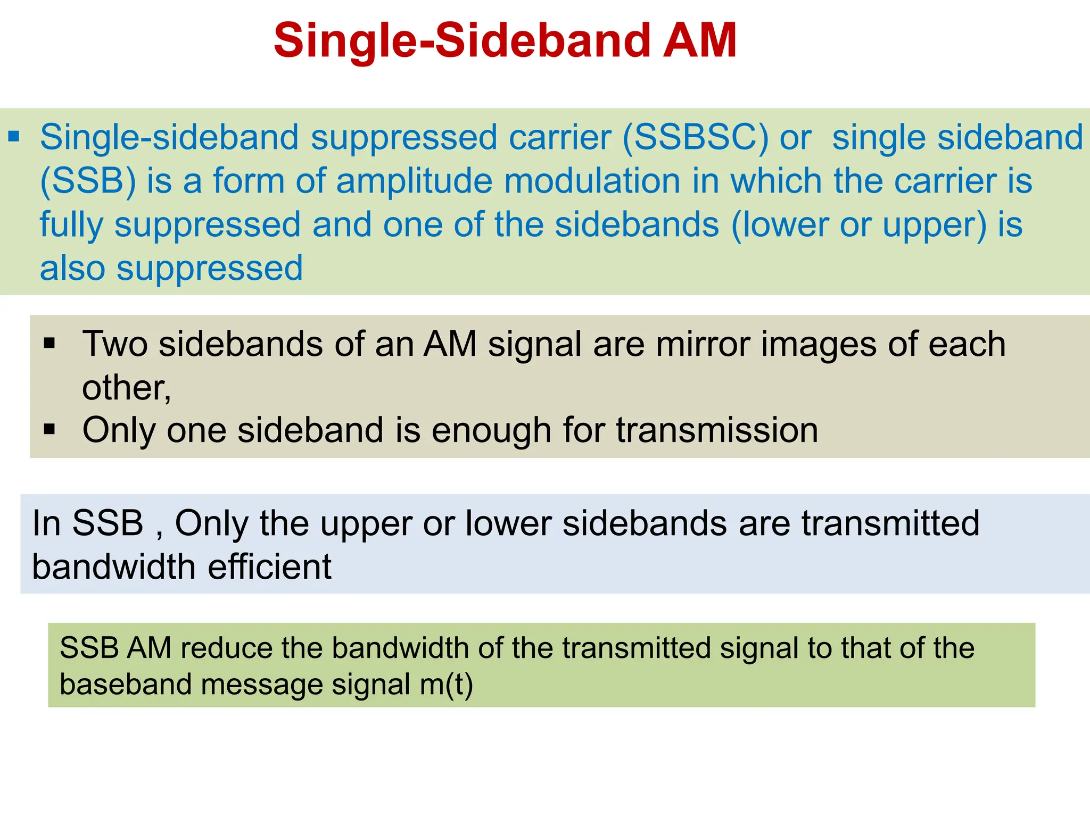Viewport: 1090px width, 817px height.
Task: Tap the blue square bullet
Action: pyautogui.click(x=14, y=137)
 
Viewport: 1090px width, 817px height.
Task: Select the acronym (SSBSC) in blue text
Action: pyautogui.click(x=695, y=138)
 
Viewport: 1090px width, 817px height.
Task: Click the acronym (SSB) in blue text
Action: pyautogui.click(x=88, y=181)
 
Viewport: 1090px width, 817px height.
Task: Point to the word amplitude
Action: pyautogui.click(x=415, y=181)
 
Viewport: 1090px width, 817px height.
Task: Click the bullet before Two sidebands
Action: pyautogui.click(x=49, y=343)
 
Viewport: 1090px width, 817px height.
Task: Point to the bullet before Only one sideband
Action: pyautogui.click(x=49, y=429)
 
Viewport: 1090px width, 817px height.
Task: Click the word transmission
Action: pyautogui.click(x=717, y=430)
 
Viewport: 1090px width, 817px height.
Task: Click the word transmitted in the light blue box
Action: pyautogui.click(x=890, y=523)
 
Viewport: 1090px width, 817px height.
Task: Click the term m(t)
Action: pyautogui.click(x=446, y=685)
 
